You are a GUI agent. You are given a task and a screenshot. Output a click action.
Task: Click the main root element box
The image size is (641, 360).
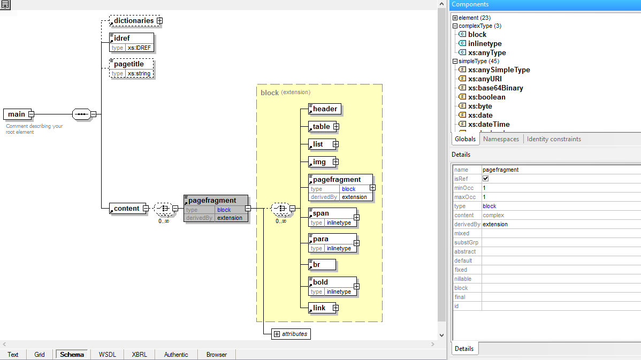click(x=16, y=114)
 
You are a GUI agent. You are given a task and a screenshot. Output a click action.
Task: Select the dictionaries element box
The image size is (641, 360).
click(x=133, y=21)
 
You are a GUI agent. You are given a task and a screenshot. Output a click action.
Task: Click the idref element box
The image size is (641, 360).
click(x=132, y=38)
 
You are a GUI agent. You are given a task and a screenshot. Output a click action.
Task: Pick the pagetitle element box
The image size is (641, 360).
click(x=132, y=64)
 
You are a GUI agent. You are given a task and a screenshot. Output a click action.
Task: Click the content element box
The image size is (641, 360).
click(x=127, y=209)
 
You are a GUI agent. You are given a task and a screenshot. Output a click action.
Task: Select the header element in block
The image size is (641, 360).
click(x=325, y=109)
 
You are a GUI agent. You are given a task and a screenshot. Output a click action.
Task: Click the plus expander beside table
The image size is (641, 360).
click(x=336, y=127)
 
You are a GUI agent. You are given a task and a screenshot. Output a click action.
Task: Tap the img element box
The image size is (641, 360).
click(x=320, y=162)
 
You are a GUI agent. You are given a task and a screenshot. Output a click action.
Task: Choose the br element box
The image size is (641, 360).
click(x=322, y=264)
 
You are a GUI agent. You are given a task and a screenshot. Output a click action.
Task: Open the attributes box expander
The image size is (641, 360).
click(x=277, y=334)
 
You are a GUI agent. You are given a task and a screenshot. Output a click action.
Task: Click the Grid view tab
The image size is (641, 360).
click(x=40, y=355)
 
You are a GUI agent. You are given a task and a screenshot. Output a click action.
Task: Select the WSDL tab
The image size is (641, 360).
click(x=108, y=355)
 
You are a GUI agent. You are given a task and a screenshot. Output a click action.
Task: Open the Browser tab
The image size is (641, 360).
click(x=217, y=355)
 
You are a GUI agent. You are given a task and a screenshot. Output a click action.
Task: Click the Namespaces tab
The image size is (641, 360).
click(x=501, y=139)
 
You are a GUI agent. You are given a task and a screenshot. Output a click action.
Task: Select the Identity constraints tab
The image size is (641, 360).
click(x=554, y=139)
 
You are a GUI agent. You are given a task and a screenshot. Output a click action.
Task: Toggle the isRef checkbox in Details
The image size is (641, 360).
click(x=486, y=179)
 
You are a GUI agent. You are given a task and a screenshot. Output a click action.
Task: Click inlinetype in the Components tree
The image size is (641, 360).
click(x=485, y=44)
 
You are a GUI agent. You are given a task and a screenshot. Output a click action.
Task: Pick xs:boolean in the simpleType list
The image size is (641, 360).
click(x=486, y=97)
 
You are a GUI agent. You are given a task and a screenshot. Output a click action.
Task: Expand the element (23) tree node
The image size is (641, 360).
click(x=455, y=18)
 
